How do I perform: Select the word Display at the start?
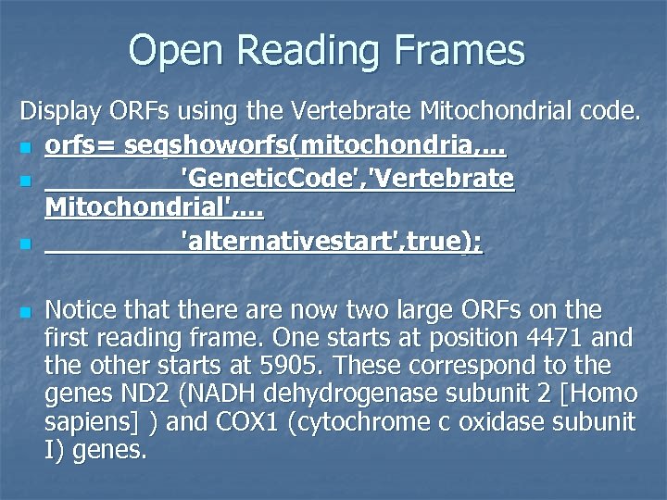pyautogui.click(x=57, y=115)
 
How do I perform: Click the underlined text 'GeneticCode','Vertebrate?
pyautogui.click(x=346, y=178)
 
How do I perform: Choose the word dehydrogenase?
pyautogui.click(x=357, y=394)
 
